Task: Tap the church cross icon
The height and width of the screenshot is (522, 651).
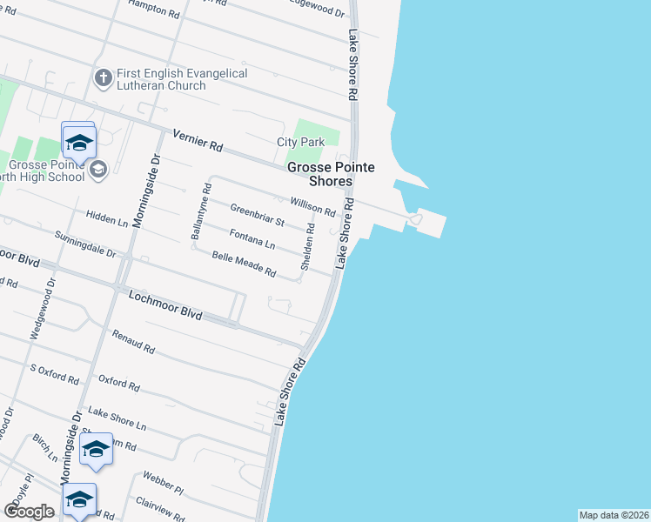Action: (x=102, y=78)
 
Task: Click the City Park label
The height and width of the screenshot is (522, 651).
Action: (x=300, y=142)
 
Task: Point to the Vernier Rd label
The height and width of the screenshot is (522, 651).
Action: (x=198, y=141)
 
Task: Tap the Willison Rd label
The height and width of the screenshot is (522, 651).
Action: (x=312, y=205)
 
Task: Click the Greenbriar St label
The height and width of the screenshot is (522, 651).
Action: (x=258, y=215)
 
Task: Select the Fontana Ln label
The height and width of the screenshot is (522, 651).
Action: (x=252, y=238)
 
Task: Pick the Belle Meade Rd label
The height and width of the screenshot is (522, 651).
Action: (x=245, y=264)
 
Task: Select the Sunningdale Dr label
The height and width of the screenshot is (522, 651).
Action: (x=85, y=244)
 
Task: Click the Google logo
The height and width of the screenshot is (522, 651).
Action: (x=29, y=512)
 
